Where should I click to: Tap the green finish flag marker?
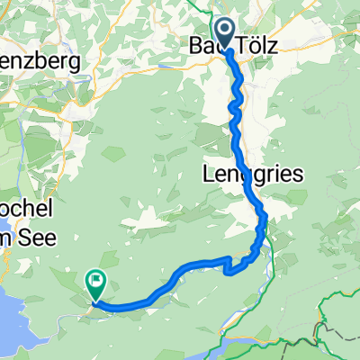94,283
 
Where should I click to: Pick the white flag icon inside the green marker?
94,281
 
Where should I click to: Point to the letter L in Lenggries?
212,173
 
